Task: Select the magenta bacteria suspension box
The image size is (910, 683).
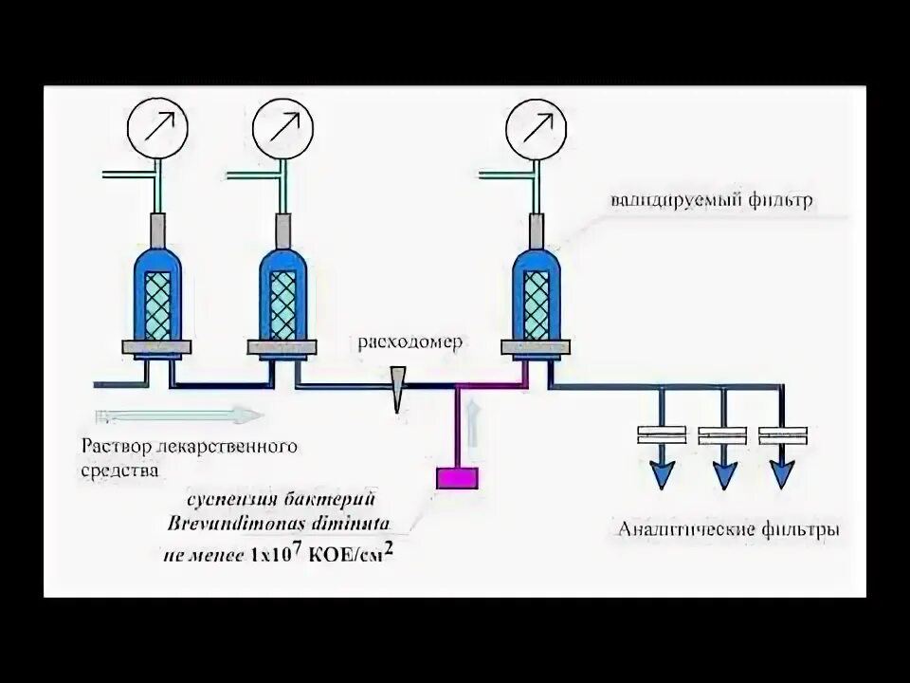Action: (x=457, y=477)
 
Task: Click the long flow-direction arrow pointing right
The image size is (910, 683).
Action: (x=178, y=415)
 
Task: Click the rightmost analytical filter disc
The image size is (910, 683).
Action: (x=783, y=435)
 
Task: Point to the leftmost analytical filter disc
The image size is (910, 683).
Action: (x=662, y=435)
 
